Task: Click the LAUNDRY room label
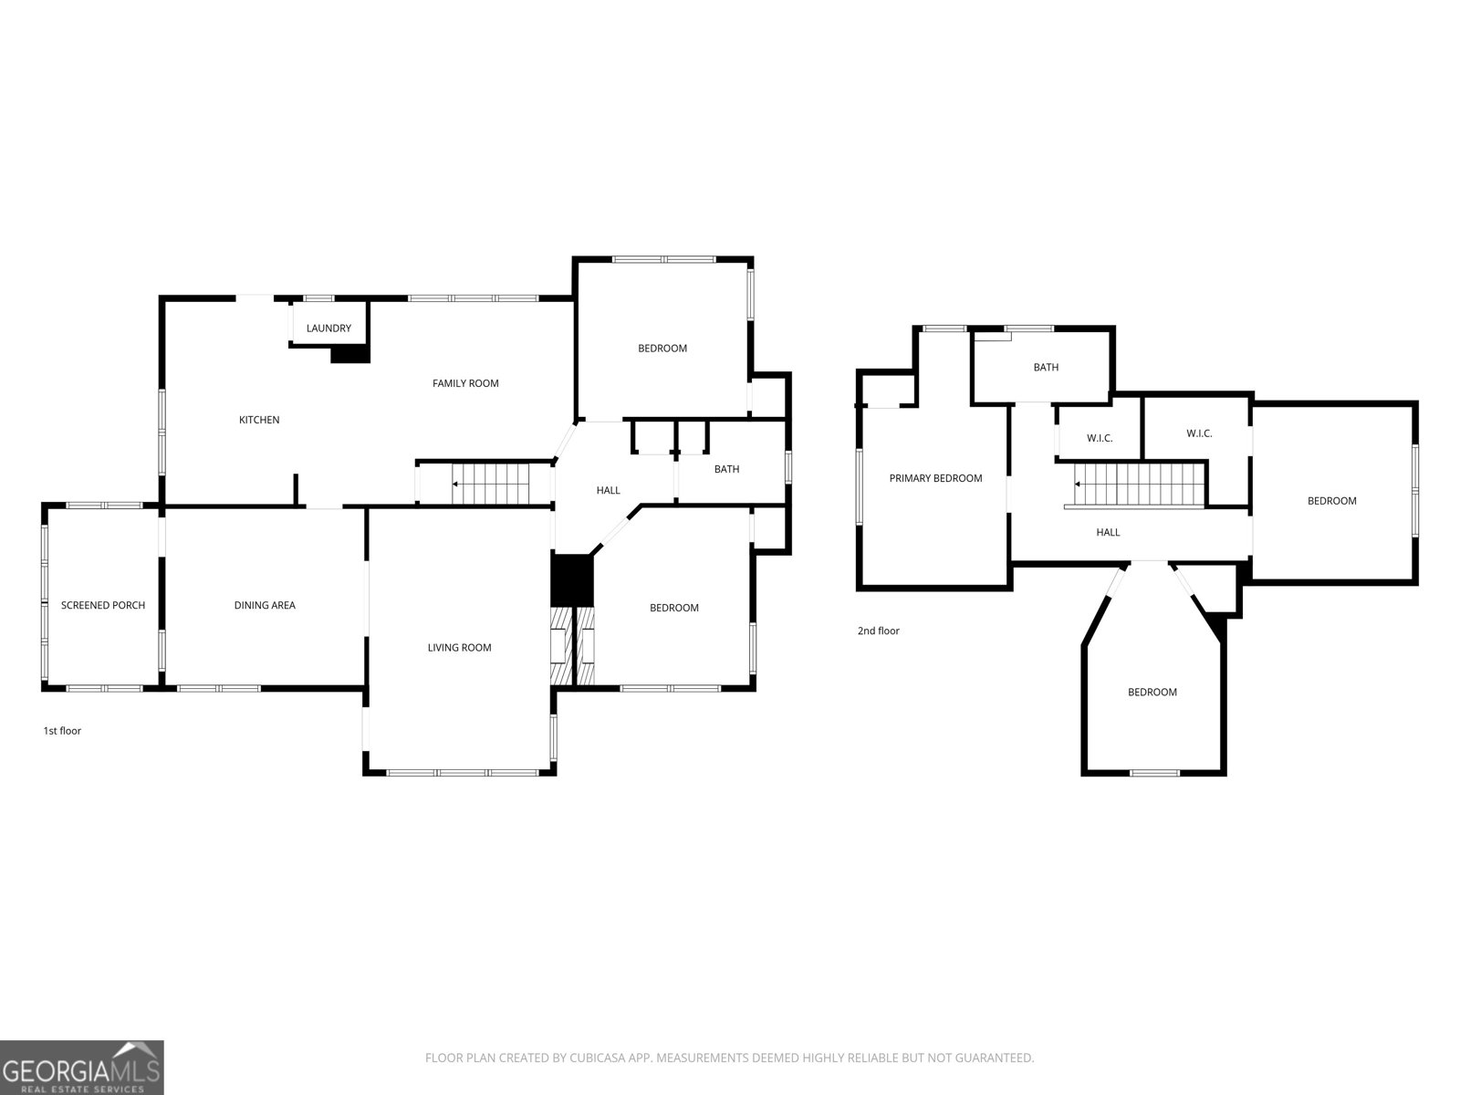coord(328,328)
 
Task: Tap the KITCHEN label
coord(259,420)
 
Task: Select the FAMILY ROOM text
coord(465,383)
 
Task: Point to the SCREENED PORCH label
coord(103,606)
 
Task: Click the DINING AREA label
coord(265,606)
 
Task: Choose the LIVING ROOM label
coord(460,648)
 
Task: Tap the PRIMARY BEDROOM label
coord(936,479)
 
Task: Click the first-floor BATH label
coord(727,469)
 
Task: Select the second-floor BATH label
coord(1047,368)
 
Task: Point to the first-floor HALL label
coord(609,491)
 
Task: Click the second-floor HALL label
coord(1108,533)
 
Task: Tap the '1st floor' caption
coord(63,731)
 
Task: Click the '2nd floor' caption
coord(879,631)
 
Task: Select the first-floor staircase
coord(491,484)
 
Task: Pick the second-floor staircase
coord(1140,485)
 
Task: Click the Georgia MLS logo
coord(82,1067)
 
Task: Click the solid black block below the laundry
coord(350,354)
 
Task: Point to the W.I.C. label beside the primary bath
coord(1100,439)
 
